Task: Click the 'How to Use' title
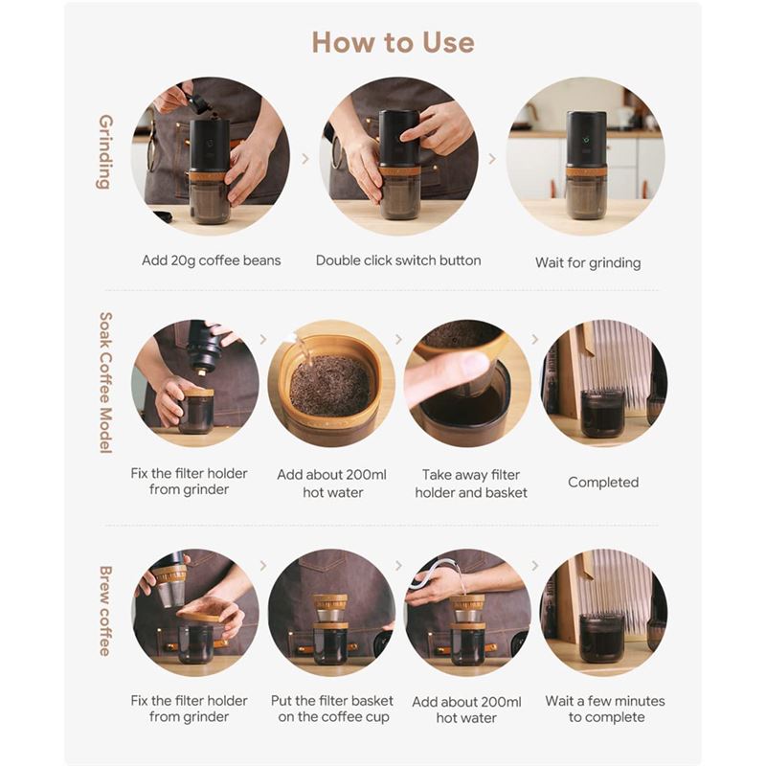[393, 42]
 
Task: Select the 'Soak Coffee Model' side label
[105, 383]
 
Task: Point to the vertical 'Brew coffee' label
[105, 611]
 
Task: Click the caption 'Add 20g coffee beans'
[211, 260]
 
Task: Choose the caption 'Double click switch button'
[398, 260]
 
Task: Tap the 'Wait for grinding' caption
[588, 262]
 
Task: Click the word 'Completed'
[603, 483]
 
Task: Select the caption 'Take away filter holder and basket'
[471, 484]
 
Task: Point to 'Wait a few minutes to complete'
[605, 709]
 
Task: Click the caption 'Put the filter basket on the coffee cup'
[332, 709]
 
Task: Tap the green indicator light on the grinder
[586, 139]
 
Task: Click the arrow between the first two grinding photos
[305, 158]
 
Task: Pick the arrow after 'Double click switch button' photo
[492, 158]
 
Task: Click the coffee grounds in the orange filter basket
[329, 386]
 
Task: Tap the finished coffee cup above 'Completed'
[602, 414]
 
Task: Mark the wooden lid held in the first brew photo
[205, 611]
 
